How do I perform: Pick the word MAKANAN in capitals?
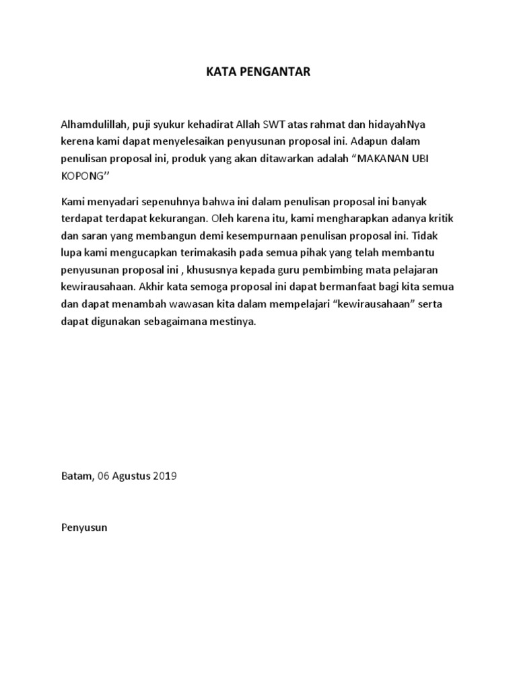(382, 160)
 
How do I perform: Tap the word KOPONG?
(81, 178)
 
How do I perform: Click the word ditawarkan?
(284, 160)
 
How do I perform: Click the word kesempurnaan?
(282, 237)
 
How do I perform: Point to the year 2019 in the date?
(164, 476)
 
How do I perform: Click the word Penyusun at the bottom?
(84, 528)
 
